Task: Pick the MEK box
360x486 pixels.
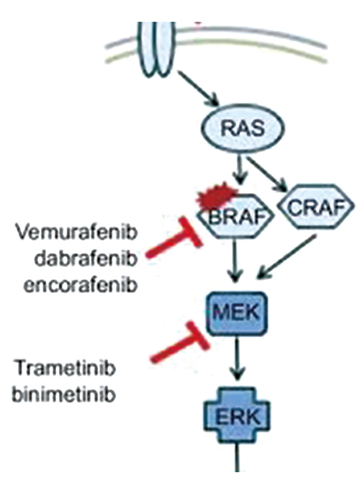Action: click(238, 313)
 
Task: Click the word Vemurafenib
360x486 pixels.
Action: click(76, 233)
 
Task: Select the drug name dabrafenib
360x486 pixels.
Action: click(86, 259)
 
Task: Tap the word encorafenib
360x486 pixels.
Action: click(81, 285)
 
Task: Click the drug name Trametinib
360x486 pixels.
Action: click(66, 369)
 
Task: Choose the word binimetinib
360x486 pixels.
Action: click(63, 395)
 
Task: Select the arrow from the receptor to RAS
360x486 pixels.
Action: click(199, 89)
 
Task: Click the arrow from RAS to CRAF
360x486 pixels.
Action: click(267, 176)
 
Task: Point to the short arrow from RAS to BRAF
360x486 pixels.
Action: click(239, 172)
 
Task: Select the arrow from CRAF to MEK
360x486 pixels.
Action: click(287, 256)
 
